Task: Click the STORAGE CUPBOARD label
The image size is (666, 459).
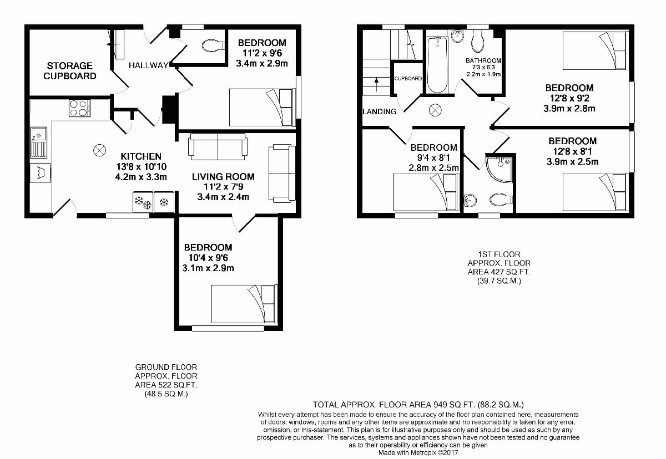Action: point(70,71)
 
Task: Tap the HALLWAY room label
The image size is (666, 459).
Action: point(148,65)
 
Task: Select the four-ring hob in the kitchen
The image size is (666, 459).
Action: point(79,108)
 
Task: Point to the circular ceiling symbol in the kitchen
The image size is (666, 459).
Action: point(100,150)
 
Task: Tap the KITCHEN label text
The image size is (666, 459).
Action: point(141,157)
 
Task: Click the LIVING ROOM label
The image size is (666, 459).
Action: point(223,177)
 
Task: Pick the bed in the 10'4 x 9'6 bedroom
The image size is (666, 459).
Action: point(243,304)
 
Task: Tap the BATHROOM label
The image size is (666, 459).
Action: point(483,61)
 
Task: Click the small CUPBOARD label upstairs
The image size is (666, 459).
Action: point(408,79)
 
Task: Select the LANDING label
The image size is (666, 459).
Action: point(380,111)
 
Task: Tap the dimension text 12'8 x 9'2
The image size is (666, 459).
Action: point(569,98)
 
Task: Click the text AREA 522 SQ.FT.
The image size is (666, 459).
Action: point(166,384)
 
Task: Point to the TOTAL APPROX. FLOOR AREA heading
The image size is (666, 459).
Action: point(418,405)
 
